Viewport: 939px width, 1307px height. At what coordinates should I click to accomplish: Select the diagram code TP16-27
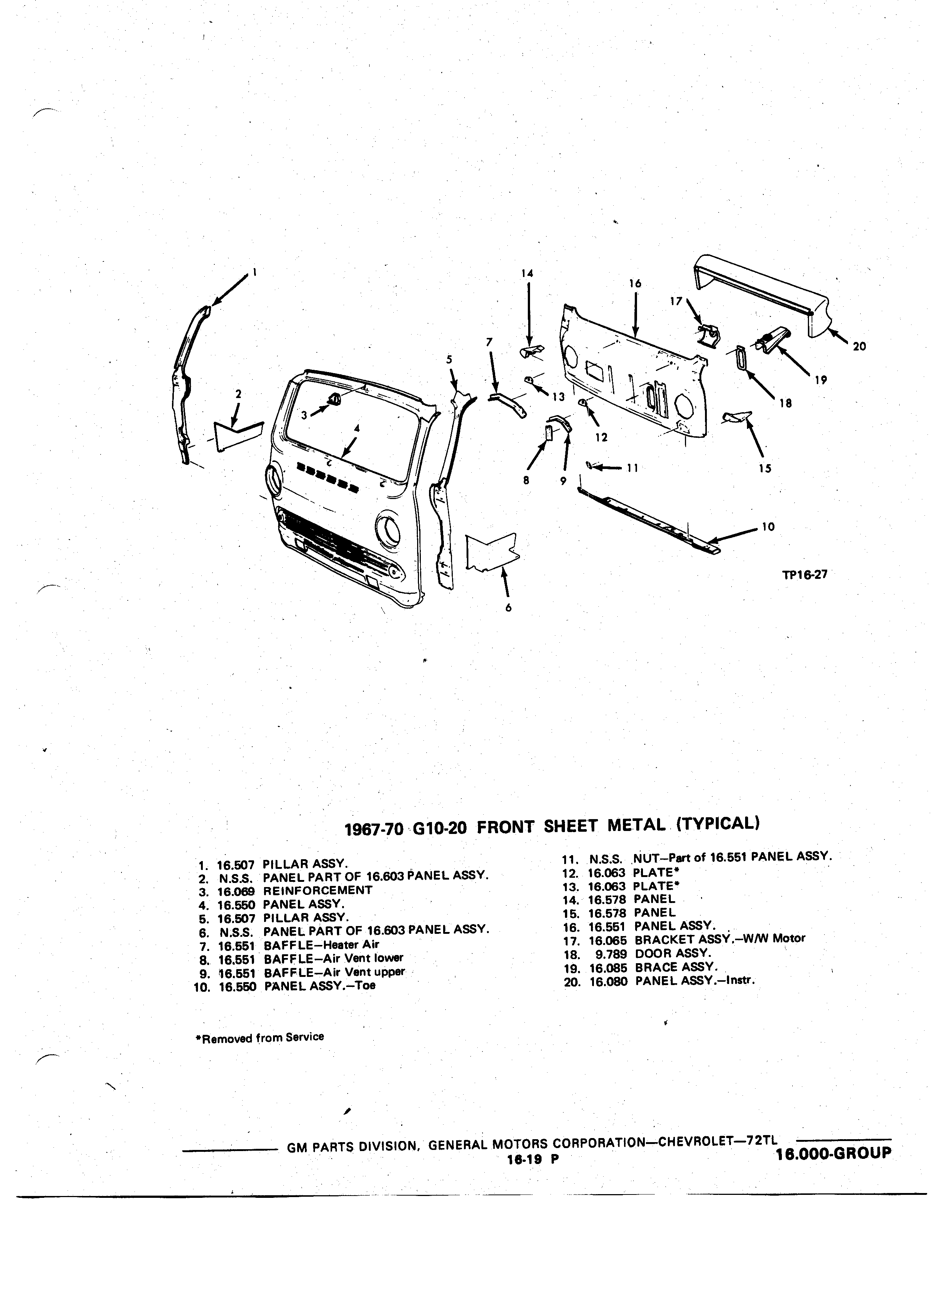804,574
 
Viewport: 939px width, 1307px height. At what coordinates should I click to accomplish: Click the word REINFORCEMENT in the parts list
318,890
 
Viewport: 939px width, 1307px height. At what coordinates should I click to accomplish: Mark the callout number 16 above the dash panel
635,284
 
